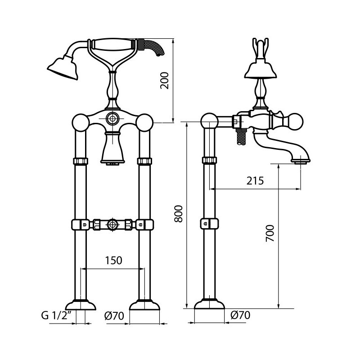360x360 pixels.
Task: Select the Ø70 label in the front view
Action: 114,315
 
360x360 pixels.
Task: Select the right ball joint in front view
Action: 145,122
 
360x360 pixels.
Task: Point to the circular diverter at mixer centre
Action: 112,119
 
